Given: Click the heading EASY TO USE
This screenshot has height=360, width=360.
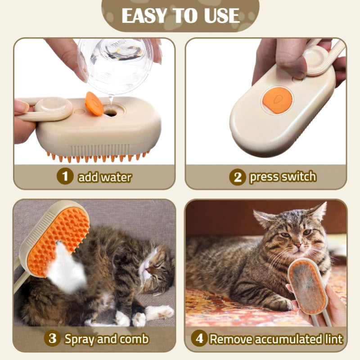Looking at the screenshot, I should coord(180,15).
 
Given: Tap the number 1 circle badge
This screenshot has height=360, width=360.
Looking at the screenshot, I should coord(65,176).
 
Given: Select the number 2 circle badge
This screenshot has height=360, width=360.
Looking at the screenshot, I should coord(238,177).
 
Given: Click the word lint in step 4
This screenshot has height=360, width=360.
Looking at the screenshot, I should coord(333,339).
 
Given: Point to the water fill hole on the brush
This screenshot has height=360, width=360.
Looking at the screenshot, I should coord(110,113).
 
